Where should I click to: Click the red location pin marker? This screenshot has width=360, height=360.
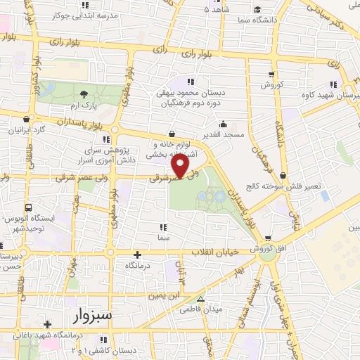point(181,167)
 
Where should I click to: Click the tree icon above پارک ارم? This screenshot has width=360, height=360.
point(84,94)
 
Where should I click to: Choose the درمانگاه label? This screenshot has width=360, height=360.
point(138,266)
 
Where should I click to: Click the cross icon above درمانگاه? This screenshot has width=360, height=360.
point(137,255)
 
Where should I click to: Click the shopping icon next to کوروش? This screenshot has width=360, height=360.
point(271,74)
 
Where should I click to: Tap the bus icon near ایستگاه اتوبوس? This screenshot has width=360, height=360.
point(28,208)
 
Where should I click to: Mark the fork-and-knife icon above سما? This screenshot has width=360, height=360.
point(163,227)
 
